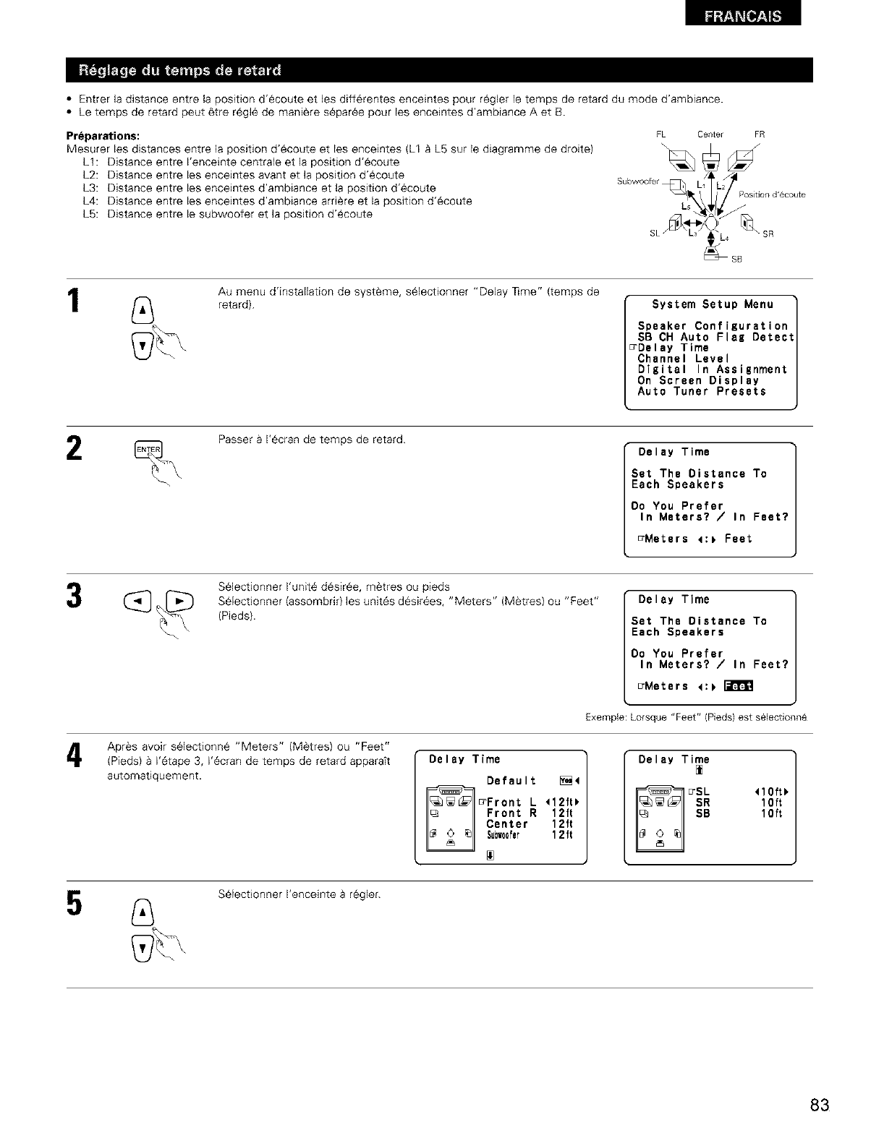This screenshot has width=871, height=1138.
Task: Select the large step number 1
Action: coord(74,300)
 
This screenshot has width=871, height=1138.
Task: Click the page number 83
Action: coord(819,1085)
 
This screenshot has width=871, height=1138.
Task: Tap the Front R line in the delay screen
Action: coord(512,813)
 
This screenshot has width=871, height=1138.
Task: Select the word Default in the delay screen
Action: coord(511,781)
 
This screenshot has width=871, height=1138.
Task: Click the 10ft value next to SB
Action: coord(768,813)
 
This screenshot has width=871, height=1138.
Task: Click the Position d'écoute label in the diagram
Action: coord(771,195)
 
